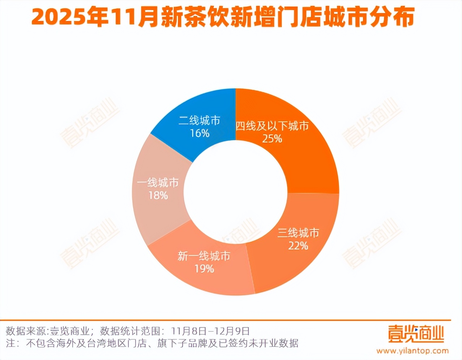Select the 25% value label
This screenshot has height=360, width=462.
coord(272,138)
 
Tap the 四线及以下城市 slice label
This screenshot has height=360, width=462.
coord(272,126)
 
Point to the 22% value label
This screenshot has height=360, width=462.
coord(298,246)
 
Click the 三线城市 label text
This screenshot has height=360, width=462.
coord(298,233)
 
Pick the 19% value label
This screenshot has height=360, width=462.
coord(204,269)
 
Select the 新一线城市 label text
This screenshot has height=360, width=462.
coord(204,256)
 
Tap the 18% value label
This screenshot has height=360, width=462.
coord(158,196)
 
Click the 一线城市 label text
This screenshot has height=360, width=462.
coord(158,183)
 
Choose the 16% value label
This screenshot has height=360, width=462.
coord(200,133)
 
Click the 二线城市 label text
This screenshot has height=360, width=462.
coord(200,120)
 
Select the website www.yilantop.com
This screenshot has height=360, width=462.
coord(412,351)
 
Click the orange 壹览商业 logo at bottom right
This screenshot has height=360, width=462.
coord(416,333)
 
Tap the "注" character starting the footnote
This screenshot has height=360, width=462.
coord(11,343)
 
